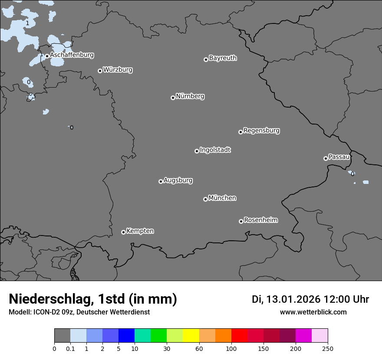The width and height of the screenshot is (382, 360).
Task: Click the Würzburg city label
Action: pyautogui.click(x=118, y=70)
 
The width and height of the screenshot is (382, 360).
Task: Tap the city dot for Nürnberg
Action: pyautogui.click(x=173, y=98)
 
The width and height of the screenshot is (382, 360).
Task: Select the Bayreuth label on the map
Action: pyautogui.click(x=223, y=58)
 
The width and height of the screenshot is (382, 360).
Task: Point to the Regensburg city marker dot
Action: pyautogui.click(x=240, y=132)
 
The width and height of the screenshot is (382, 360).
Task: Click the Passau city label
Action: pyautogui.click(x=339, y=157)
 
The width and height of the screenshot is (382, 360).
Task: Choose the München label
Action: pyautogui.click(x=222, y=198)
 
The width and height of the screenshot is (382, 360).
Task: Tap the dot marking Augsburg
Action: pyautogui.click(x=161, y=181)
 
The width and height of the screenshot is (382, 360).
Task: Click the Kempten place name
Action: pyautogui.click(x=140, y=231)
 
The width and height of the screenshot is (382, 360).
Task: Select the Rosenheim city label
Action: pyautogui.click(x=260, y=220)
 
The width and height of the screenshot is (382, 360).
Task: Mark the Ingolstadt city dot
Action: pyautogui.click(x=197, y=151)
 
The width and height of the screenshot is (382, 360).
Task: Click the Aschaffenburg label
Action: pyautogui.click(x=72, y=55)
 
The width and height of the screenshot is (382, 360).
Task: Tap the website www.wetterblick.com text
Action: pyautogui.click(x=313, y=312)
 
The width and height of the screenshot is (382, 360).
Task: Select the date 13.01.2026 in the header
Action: pyautogui.click(x=293, y=299)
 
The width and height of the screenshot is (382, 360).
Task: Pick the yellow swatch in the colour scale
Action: pyautogui.click(x=191, y=336)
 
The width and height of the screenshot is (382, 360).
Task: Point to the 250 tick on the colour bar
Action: pyautogui.click(x=328, y=348)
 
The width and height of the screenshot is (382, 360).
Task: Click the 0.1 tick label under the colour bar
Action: pyautogui.click(x=70, y=348)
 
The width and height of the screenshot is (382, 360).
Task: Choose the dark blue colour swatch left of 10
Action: pyautogui.click(x=126, y=336)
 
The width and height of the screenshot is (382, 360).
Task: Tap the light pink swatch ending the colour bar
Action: pyautogui.click(x=320, y=336)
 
